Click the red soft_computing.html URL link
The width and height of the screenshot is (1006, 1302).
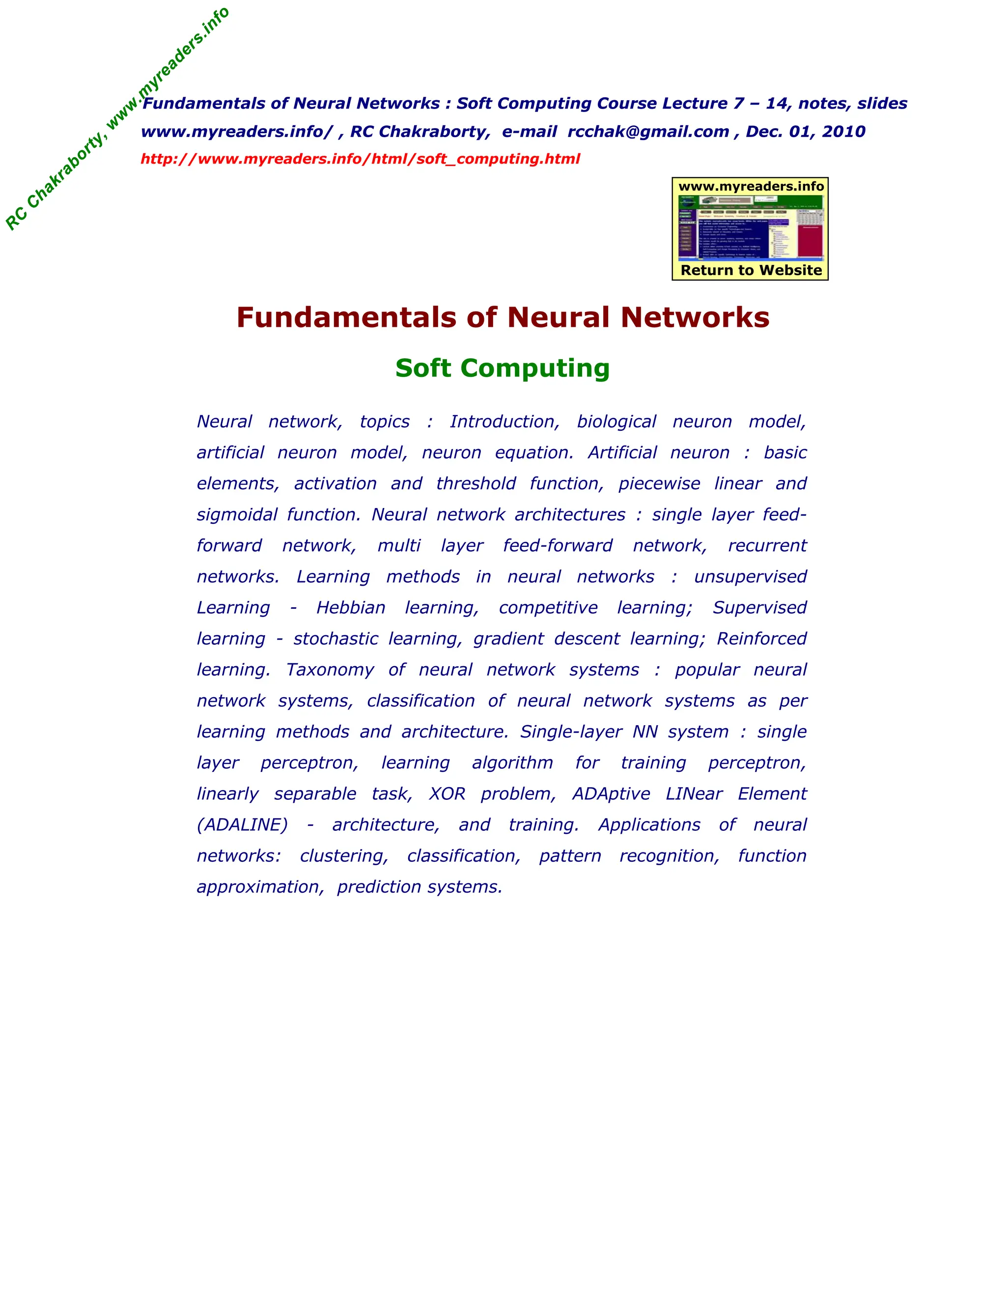pyautogui.click(x=360, y=159)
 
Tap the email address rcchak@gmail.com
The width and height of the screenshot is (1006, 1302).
pyautogui.click(x=648, y=132)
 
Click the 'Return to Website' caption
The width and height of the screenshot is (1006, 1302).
pyautogui.click(x=751, y=270)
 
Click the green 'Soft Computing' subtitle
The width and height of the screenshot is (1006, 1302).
pyautogui.click(x=503, y=368)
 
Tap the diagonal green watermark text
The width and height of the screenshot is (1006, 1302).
pyautogui.click(x=117, y=119)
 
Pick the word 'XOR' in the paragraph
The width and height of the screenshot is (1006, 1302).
pyautogui.click(x=447, y=793)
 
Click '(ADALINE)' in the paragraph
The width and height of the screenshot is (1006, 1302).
pyautogui.click(x=242, y=824)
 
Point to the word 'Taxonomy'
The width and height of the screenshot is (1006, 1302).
pyautogui.click(x=330, y=670)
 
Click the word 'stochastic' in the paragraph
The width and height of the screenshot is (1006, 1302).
pyautogui.click(x=335, y=639)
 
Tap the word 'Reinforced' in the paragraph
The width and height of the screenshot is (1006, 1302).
pyautogui.click(x=761, y=639)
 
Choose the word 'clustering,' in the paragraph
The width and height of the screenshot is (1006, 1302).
pyautogui.click(x=344, y=855)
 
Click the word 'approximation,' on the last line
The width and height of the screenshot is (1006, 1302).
pyautogui.click(x=260, y=886)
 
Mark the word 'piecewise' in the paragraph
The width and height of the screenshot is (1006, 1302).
pyautogui.click(x=659, y=483)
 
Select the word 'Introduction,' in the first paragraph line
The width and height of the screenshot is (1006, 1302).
pyautogui.click(x=504, y=422)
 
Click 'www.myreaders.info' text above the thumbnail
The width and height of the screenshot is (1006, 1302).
pyautogui.click(x=751, y=187)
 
